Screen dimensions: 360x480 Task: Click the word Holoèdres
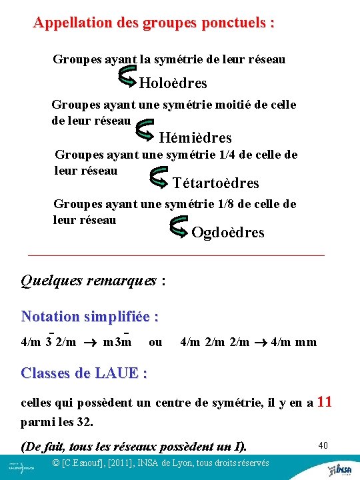point(173,83)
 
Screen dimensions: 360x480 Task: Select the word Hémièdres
point(195,138)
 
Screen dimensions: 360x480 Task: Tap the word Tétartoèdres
point(215,183)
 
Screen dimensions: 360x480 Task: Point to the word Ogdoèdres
point(227,233)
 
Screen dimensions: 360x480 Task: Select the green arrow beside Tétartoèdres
point(158,177)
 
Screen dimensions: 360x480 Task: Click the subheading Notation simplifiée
point(90,316)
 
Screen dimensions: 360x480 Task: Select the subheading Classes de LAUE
point(84,373)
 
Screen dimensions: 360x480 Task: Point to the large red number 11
point(325,402)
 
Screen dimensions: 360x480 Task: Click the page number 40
point(324,444)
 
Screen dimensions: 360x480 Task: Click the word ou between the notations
point(155,342)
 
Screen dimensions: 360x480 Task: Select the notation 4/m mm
point(293,342)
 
